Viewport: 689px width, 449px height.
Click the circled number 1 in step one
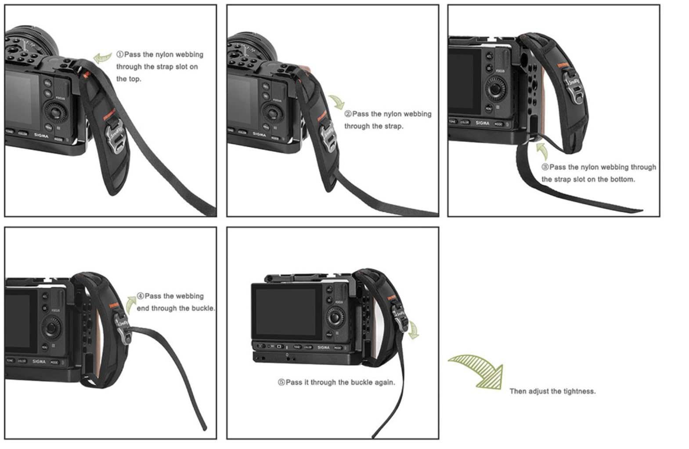pyautogui.click(x=119, y=54)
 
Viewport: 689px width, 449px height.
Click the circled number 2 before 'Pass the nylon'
pyautogui.click(x=348, y=114)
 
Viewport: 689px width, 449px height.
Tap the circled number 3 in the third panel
pyautogui.click(x=545, y=167)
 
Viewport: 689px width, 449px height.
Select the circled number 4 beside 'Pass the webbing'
pyautogui.click(x=140, y=296)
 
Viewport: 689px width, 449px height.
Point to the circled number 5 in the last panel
pyautogui.click(x=281, y=382)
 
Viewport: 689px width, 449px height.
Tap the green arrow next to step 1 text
pyautogui.click(x=102, y=58)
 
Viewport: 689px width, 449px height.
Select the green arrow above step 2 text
pyautogui.click(x=337, y=102)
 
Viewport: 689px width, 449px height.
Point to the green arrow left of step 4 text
pyautogui.click(x=130, y=304)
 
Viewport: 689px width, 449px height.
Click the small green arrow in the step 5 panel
pyautogui.click(x=414, y=330)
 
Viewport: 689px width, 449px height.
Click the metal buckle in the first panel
pyautogui.click(x=115, y=136)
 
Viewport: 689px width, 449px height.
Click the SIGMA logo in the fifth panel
pyautogui.click(x=323, y=347)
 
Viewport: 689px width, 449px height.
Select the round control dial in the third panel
pyautogui.click(x=495, y=89)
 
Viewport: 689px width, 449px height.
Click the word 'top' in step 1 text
pyautogui.click(x=135, y=79)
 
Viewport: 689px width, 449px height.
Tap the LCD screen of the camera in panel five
pyautogui.click(x=286, y=311)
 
